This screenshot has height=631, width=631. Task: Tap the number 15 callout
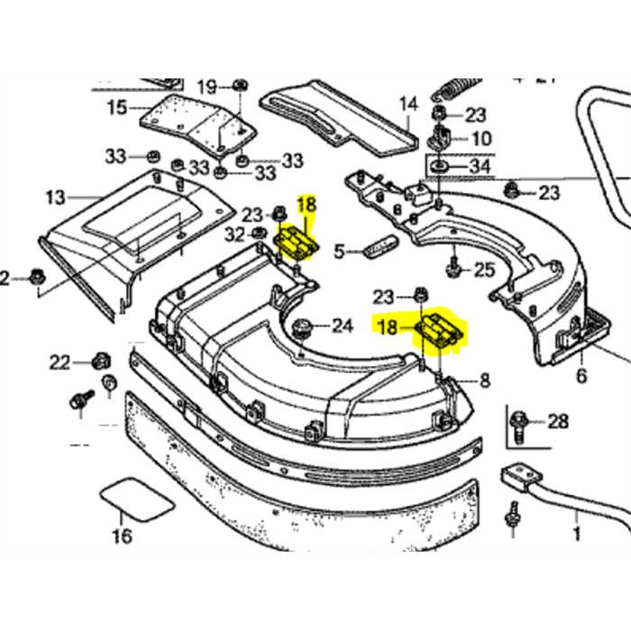coord(116,108)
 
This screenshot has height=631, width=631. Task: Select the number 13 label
coord(56,196)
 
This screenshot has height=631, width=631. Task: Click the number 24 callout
coord(343,325)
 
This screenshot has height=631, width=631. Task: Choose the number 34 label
coord(481,168)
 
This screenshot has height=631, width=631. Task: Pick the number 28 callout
coord(559,422)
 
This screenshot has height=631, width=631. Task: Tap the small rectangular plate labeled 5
coord(379,250)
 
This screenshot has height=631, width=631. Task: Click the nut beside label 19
coord(240,86)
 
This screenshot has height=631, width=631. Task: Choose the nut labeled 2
coord(37,276)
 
